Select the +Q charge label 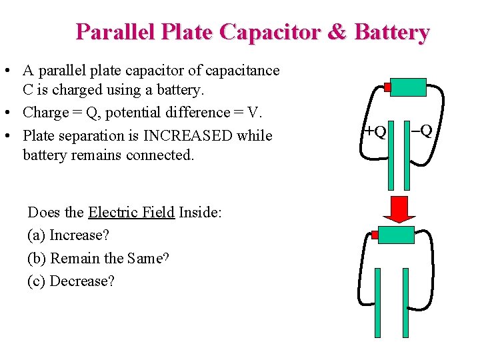pyautogui.click(x=375, y=131)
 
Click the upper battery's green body pyautogui.click(x=408, y=87)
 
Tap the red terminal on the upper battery pyautogui.click(x=387, y=87)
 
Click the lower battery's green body pyautogui.click(x=397, y=234)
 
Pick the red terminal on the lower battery pyautogui.click(x=375, y=235)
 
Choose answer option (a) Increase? pyautogui.click(x=68, y=235)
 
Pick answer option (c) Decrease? pyautogui.click(x=71, y=281)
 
